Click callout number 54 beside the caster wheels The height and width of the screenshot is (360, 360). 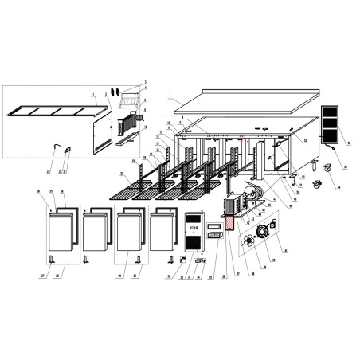[338, 189]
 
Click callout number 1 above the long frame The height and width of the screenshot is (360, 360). [93, 94]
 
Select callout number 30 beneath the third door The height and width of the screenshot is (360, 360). [135, 275]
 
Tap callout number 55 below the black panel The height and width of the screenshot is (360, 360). [345, 167]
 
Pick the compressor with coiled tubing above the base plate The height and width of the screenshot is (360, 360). [253, 194]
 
